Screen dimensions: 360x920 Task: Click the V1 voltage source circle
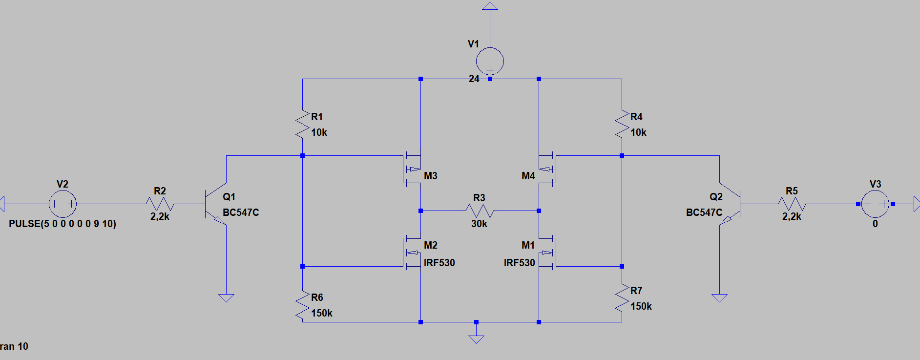[x=490, y=61]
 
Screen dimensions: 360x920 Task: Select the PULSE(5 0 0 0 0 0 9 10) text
[x=63, y=224]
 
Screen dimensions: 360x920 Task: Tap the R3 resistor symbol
[x=479, y=211]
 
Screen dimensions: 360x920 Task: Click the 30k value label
[x=479, y=224]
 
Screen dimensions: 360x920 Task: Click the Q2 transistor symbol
[x=730, y=204]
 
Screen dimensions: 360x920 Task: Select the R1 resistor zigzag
[x=302, y=125]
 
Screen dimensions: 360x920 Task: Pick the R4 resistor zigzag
[x=622, y=125]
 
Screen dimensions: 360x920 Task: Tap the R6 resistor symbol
[x=302, y=305]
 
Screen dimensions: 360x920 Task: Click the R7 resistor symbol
[x=622, y=298]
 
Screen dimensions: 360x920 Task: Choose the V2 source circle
[x=63, y=204]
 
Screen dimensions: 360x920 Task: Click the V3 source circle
[x=875, y=204]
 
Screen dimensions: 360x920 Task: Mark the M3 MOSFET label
[x=430, y=176]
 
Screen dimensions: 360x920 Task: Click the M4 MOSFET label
[x=528, y=176]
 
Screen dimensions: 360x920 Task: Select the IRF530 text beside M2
[x=439, y=263]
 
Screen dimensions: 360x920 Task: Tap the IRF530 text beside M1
[x=519, y=263]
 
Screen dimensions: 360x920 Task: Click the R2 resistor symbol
[x=160, y=204]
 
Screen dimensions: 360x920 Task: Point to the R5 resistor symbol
[x=792, y=204]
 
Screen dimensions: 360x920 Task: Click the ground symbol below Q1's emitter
[x=226, y=297]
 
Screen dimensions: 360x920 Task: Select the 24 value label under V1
[x=474, y=79]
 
